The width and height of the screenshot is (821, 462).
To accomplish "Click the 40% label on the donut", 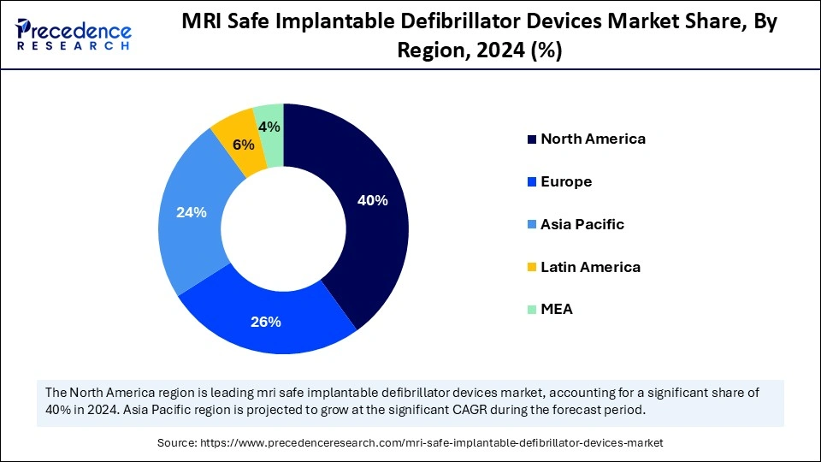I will point(373,201).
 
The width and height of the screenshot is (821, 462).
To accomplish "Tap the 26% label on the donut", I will point(266,322).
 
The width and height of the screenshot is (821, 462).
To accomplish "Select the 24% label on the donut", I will point(191,212).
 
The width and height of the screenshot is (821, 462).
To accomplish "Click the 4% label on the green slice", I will point(269,127).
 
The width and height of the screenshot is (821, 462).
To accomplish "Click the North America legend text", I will point(593,139).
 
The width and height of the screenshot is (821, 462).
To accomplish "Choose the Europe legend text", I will point(566,181).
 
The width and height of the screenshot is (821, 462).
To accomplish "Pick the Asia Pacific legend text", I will point(582,224).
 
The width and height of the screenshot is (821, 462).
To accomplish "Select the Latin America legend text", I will point(590,267).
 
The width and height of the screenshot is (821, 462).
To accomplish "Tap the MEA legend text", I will point(557,310).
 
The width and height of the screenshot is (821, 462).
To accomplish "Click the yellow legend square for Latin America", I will point(532,268).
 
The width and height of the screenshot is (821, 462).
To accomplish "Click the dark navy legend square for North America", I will point(532,139).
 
